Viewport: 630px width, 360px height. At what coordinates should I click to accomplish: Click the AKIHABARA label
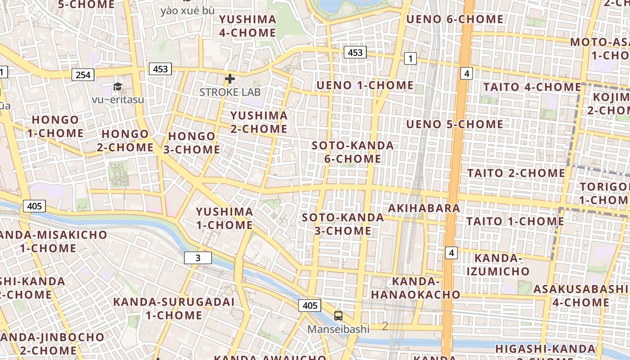pos(424,208)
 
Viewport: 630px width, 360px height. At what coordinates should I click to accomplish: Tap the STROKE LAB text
pos(230,92)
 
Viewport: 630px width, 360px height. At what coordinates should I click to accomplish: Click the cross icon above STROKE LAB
pos(230,79)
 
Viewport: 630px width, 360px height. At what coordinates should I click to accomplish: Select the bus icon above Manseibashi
pos(338,316)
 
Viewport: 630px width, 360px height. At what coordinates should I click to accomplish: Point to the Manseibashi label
pos(338,329)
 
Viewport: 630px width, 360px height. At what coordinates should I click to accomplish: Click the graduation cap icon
pos(117,86)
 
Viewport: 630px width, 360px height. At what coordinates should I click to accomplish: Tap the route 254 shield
pos(83,75)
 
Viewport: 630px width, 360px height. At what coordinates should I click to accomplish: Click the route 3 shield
pos(198,258)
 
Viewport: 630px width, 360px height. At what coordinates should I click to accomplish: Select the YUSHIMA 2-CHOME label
pos(259,122)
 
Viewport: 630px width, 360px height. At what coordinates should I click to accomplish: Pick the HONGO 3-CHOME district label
pos(192,143)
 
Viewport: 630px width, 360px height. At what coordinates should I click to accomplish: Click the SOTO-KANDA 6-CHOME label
pos(353,152)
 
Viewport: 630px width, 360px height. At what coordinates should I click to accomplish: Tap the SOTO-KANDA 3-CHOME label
pos(343,224)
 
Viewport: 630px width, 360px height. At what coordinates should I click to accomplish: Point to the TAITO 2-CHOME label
pos(516,173)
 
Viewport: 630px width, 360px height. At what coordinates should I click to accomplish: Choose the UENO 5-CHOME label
pos(454,124)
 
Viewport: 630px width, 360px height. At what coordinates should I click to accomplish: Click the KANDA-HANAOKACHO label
pos(415,288)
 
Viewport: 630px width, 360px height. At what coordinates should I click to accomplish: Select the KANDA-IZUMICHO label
pos(498,265)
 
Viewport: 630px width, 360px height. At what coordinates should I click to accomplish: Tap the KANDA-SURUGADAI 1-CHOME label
pos(174,308)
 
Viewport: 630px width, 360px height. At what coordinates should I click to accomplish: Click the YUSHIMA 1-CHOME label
pos(224,218)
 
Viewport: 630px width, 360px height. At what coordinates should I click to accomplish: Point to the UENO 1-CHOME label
pos(365,85)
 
